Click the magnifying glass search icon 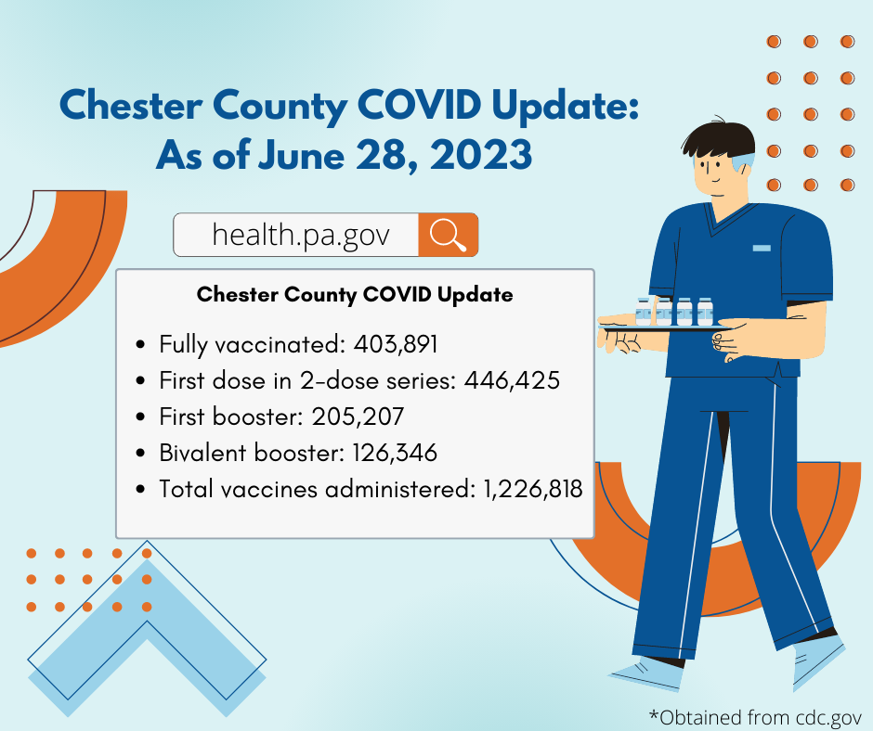448,235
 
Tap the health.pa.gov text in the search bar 299,236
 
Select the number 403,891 395,345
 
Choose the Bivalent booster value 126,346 395,453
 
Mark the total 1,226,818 533,488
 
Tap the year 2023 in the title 480,155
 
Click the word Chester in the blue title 129,107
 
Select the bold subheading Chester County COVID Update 355,295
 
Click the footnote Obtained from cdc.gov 755,717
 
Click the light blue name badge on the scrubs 762,248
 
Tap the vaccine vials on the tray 674,311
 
